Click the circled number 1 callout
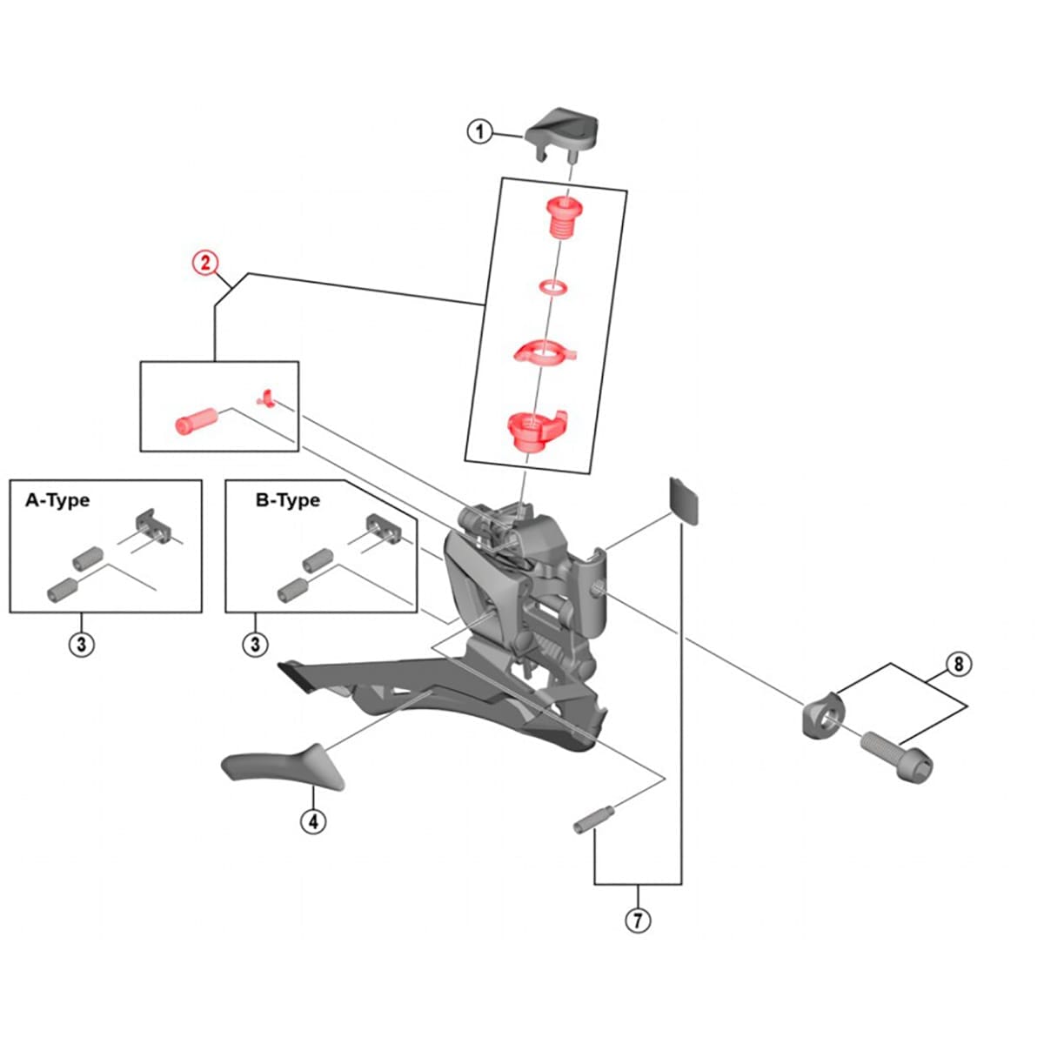coord(478,132)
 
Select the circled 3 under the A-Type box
coord(82,645)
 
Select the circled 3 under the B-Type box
coord(255,645)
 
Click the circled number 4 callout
coord(313,820)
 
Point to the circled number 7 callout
coord(638,920)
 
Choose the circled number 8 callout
coord(958,665)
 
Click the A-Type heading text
coord(57,500)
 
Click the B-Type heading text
coord(287,500)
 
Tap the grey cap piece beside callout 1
coord(563,128)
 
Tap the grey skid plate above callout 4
coord(283,766)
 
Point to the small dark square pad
coord(684,500)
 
